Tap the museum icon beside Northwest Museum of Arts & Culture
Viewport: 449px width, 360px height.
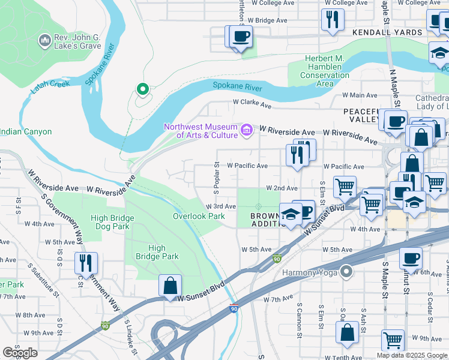click(246, 130)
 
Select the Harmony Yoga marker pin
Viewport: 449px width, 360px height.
click(346, 272)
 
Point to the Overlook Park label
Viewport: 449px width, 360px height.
click(199, 216)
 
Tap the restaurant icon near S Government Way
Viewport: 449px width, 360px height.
click(86, 263)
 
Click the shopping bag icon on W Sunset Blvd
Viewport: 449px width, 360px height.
click(170, 285)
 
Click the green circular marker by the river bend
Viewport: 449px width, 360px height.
click(142, 90)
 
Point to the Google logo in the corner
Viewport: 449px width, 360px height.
click(20, 353)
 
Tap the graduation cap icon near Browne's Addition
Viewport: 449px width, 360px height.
click(291, 214)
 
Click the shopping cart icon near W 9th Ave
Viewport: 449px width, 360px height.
click(393, 340)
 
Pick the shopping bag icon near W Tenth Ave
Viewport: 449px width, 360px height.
click(348, 332)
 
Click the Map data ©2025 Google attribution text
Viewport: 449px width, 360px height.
click(411, 355)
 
